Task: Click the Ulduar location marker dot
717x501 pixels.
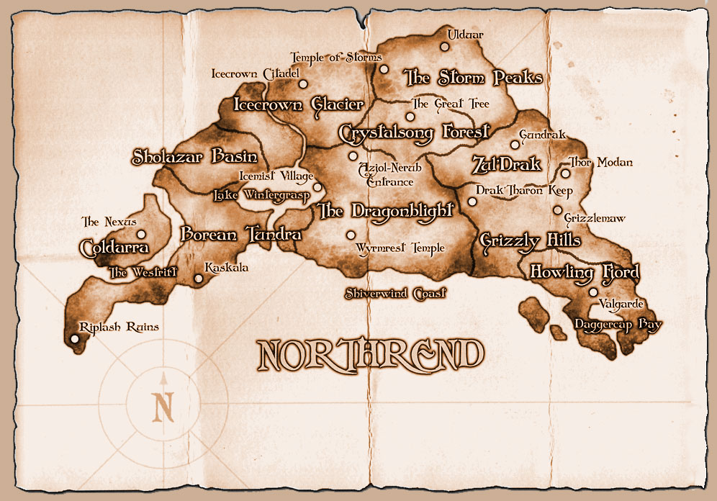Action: point(445,47)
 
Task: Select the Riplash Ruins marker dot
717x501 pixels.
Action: point(74,339)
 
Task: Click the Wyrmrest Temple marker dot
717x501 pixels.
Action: point(351,235)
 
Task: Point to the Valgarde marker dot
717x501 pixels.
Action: point(593,292)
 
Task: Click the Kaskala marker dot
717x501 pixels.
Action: point(199,279)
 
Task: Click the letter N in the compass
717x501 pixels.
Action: point(164,407)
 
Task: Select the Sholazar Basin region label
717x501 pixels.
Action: point(194,157)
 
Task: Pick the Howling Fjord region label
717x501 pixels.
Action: point(585,273)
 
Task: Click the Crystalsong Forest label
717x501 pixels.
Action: point(414,132)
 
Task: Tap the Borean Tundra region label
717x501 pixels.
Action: point(240,235)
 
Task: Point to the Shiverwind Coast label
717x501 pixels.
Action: point(395,294)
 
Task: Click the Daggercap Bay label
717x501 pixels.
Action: point(618,325)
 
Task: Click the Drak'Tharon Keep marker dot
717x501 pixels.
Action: point(472,202)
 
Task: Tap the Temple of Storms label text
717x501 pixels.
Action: point(335,58)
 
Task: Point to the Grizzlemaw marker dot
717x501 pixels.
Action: point(557,210)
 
